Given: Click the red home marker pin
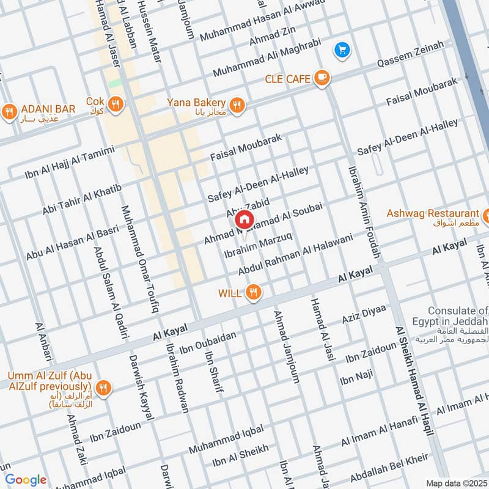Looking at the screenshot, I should pos(244,219).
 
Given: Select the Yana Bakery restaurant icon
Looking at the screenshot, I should pos(237,105).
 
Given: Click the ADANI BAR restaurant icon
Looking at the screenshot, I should pos(9,111).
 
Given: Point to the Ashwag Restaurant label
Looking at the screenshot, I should pos(433,213).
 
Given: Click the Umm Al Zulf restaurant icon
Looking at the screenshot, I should pos(103,388).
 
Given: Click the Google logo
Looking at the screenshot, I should pos(26,480).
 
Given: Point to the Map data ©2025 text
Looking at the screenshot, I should pos(455,483).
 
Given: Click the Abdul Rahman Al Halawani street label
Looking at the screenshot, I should pos(296,254).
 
